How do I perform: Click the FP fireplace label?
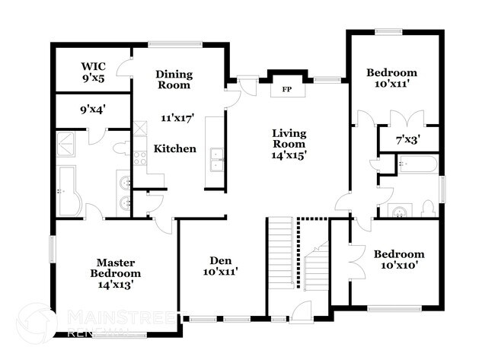click(286, 89)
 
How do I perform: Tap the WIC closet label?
click(93, 66)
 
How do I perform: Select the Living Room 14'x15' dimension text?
click(289, 155)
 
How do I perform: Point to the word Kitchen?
click(175, 148)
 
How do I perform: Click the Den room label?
click(221, 260)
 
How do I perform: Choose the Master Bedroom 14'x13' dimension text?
click(116, 285)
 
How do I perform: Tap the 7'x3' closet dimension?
click(408, 139)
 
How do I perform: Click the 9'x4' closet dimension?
click(92, 110)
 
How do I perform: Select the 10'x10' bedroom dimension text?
click(399, 266)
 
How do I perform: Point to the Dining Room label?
click(174, 79)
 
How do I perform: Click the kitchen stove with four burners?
click(140, 158)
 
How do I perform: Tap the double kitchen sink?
click(217, 160)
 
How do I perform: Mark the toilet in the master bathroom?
click(121, 148)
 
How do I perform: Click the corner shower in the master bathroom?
click(65, 144)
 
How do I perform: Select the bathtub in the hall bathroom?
click(417, 164)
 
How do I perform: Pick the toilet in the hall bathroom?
click(429, 209)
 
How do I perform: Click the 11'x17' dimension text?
click(177, 118)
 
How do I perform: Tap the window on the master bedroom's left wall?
click(53, 250)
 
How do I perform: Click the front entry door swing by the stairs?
click(301, 312)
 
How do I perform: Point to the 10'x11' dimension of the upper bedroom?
click(391, 84)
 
